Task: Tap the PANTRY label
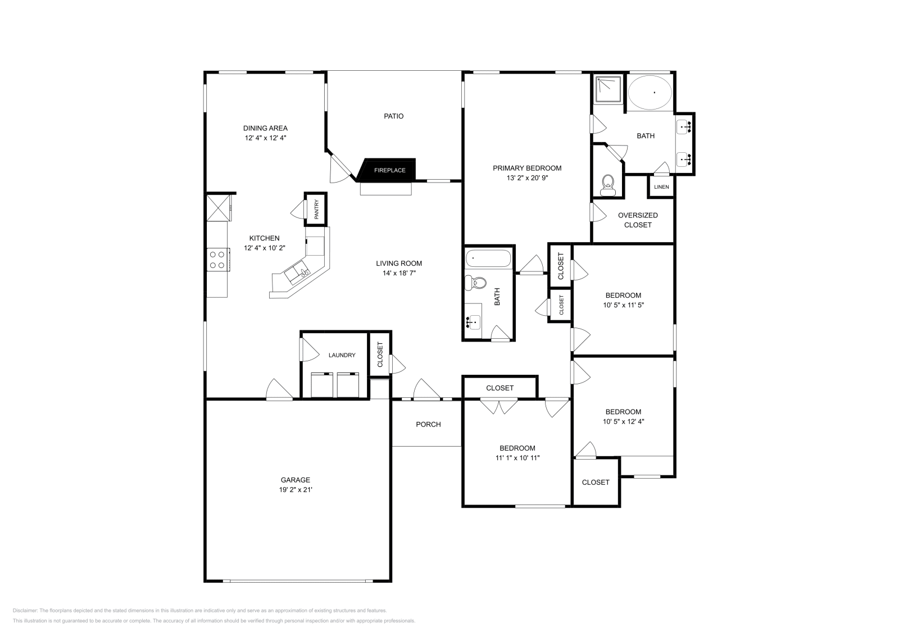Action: click(316, 210)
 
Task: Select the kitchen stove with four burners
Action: click(217, 260)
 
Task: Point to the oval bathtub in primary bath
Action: click(650, 93)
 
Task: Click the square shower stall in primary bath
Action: click(608, 90)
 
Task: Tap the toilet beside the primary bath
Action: click(607, 184)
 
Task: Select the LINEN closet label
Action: click(661, 187)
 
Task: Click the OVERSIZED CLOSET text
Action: click(638, 220)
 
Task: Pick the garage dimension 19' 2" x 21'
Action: click(296, 489)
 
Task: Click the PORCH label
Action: click(428, 424)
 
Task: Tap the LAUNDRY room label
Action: click(342, 355)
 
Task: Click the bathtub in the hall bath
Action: click(488, 258)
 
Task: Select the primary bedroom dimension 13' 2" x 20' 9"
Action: click(527, 178)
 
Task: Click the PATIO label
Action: click(393, 116)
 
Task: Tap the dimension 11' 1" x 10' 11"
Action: click(517, 457)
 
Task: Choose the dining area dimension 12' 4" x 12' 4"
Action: click(266, 138)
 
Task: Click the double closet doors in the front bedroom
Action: click(499, 406)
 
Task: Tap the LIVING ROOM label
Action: click(399, 263)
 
